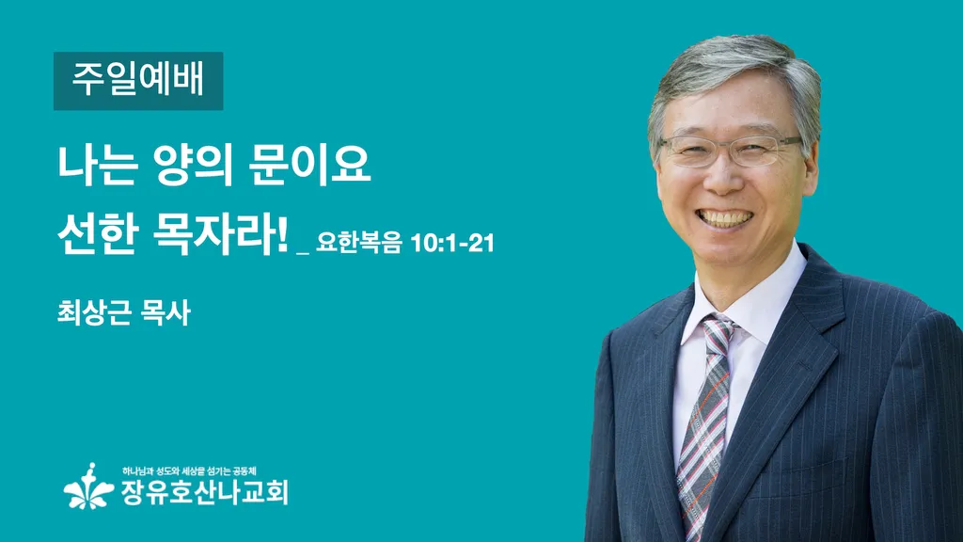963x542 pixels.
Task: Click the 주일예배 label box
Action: click(138, 81)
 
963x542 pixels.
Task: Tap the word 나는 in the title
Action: click(97, 165)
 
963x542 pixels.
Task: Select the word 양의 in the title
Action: click(194, 166)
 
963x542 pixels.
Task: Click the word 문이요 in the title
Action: click(310, 165)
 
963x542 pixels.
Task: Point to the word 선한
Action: click(97, 234)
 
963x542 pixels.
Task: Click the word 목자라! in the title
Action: click(220, 234)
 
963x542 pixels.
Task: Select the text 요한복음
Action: click(358, 243)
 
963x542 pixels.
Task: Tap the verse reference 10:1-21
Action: click(452, 244)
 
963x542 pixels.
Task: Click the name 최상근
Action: click(94, 312)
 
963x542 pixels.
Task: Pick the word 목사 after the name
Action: click(166, 312)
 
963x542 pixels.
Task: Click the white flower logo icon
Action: click(89, 486)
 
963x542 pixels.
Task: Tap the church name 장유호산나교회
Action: click(204, 492)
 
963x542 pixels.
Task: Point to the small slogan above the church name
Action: click(189, 471)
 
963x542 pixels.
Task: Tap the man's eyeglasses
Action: click(730, 150)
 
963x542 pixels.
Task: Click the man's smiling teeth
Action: click(726, 218)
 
